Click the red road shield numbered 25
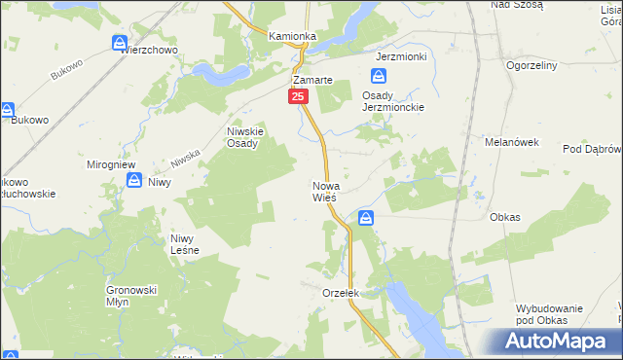coord(298,96)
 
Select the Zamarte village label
coord(313,81)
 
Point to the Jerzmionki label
coord(402,56)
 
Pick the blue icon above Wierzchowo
coord(120,43)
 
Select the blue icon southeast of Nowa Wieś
coord(365,219)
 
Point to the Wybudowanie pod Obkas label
coord(550,313)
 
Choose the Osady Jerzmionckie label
coord(394,101)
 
